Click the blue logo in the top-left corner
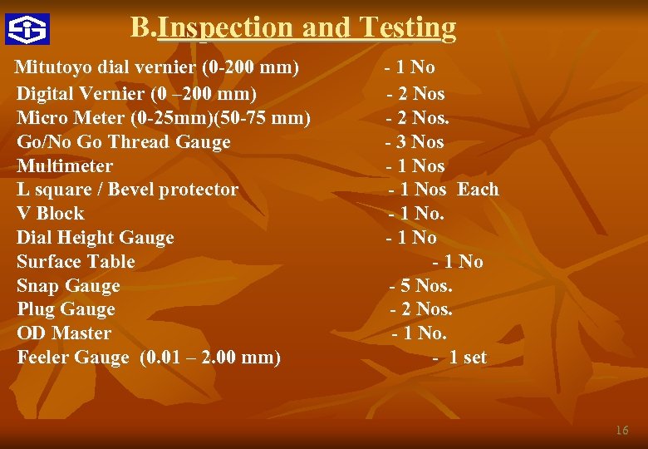pos(27,29)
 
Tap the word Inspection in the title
pos(225,28)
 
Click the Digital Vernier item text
pos(136,94)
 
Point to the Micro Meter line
pos(164,118)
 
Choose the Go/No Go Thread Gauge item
pos(124,142)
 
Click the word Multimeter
pos(65,166)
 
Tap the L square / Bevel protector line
pos(127,190)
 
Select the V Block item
pos(50,213)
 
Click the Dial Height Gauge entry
pos(96,238)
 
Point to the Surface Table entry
pos(76,262)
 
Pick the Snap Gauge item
pos(68,286)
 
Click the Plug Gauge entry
pos(66,309)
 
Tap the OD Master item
pos(64,333)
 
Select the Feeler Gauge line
pos(149,358)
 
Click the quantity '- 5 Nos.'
pos(421,286)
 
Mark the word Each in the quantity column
pos(478,190)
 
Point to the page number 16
pos(621,431)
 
